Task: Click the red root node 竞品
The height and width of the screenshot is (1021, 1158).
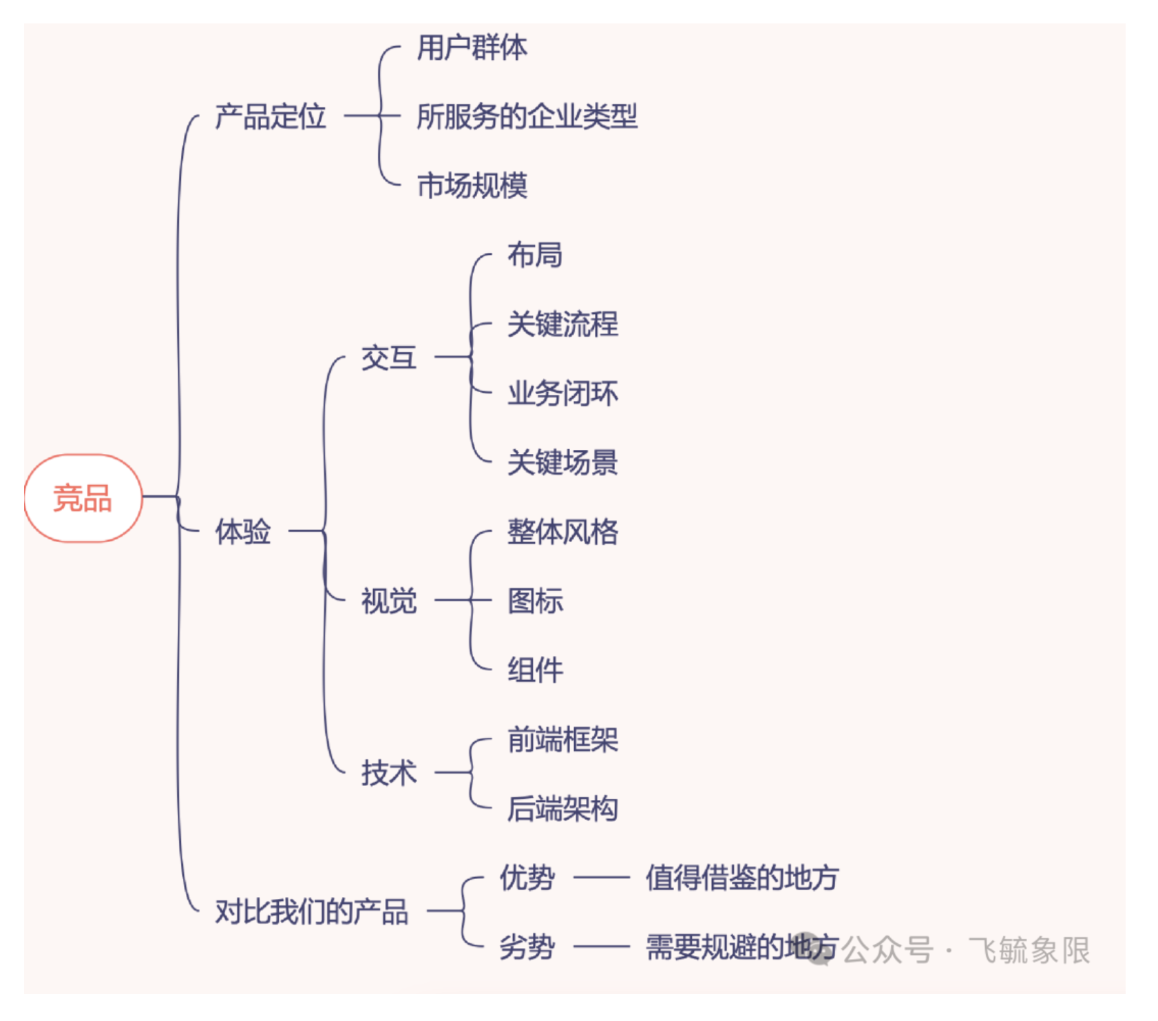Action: coord(83,497)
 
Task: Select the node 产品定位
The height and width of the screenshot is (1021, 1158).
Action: coord(270,116)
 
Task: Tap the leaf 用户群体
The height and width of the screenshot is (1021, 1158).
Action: coord(472,48)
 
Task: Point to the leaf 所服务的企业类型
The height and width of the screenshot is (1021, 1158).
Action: coord(527,116)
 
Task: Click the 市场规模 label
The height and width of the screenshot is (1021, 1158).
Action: coord(472,186)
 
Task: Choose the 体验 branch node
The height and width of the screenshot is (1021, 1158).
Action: coord(242,531)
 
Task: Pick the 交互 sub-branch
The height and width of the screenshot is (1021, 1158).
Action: coord(388,358)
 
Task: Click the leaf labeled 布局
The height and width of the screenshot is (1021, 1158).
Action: coord(534,255)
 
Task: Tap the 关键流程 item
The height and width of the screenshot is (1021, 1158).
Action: coord(562,324)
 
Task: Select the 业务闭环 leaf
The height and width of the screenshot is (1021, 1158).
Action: coord(562,393)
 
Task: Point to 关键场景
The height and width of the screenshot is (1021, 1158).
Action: coord(562,462)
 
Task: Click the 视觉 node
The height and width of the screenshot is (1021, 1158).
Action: coord(388,601)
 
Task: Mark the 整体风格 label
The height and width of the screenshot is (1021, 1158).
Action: coord(562,532)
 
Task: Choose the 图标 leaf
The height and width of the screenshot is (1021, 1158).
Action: coord(534,601)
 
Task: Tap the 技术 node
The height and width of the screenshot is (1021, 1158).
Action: coord(388,773)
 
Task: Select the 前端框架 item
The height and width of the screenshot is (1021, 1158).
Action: coord(562,739)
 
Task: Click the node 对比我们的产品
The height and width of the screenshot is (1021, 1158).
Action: coord(311,911)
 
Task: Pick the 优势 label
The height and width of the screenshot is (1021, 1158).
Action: coord(527,878)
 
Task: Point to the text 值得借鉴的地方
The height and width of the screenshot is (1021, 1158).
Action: coord(741,878)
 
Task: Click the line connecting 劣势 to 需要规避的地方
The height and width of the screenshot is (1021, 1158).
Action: coord(601,947)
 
